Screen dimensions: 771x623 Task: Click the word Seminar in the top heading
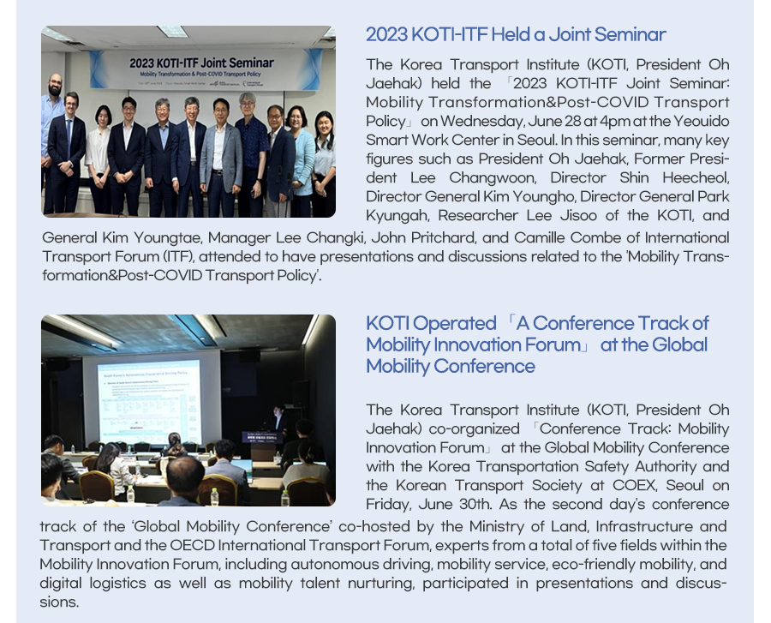click(x=630, y=35)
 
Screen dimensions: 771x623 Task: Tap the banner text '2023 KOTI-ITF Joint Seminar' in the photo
click(x=201, y=63)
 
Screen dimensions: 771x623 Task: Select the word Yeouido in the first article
click(x=701, y=122)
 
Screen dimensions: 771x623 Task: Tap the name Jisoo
click(x=580, y=216)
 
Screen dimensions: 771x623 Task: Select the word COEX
click(x=634, y=486)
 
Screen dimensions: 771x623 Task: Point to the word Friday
click(x=388, y=505)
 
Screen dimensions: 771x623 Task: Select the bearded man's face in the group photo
click(x=55, y=86)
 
